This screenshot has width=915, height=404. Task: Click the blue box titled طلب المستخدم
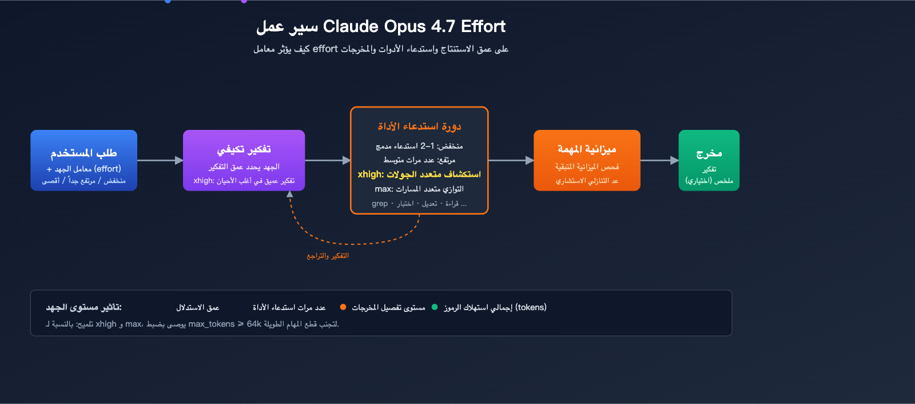click(x=83, y=160)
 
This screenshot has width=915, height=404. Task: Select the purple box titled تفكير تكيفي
click(x=244, y=160)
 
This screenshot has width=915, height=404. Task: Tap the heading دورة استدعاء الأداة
click(x=419, y=126)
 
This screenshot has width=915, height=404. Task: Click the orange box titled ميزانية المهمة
click(x=587, y=160)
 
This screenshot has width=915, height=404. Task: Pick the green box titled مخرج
click(x=709, y=160)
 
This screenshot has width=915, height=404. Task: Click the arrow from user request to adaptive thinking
click(x=160, y=161)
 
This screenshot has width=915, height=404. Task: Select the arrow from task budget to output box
click(x=659, y=161)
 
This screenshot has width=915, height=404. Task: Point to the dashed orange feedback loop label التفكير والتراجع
click(x=328, y=256)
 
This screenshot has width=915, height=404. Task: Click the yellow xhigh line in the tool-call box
click(x=419, y=174)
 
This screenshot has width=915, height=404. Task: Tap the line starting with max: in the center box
click(x=419, y=189)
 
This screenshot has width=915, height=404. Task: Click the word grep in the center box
click(x=380, y=204)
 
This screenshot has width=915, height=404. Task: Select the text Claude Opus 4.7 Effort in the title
click(x=414, y=26)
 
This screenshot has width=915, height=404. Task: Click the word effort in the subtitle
click(x=325, y=49)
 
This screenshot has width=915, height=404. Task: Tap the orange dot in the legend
click(x=343, y=307)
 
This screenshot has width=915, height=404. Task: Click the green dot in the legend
click(x=435, y=307)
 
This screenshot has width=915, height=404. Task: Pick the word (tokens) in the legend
click(x=531, y=307)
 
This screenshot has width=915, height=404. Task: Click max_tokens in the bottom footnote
click(x=212, y=324)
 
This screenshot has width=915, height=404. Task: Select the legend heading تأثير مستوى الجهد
click(x=84, y=307)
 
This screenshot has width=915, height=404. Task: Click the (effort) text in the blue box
click(x=108, y=169)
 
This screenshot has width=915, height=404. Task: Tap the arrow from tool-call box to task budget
click(x=511, y=161)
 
